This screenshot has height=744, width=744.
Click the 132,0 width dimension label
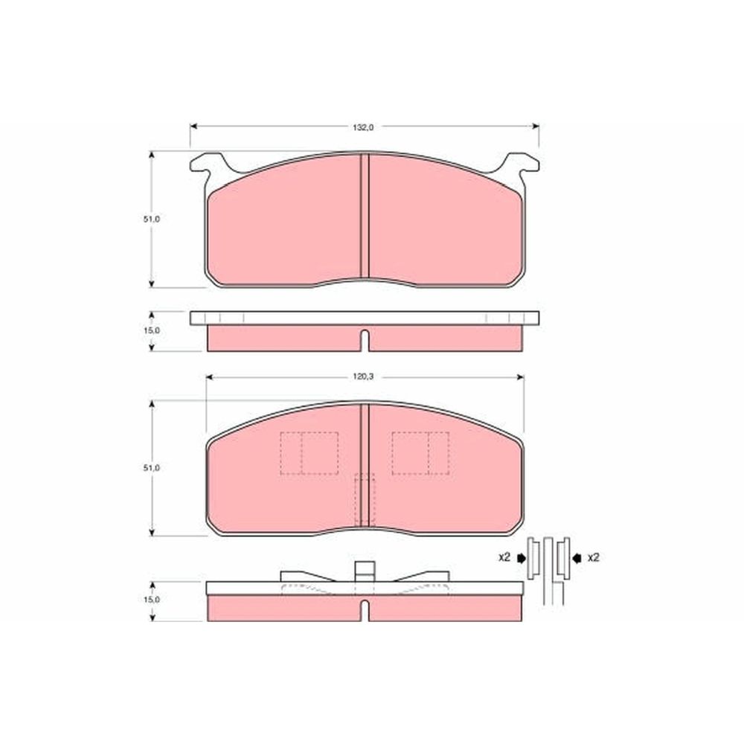coord(363,127)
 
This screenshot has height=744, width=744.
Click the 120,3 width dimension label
coord(364,376)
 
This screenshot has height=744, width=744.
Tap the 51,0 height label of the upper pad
coord(152,219)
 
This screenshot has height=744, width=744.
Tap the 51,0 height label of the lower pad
coord(152,468)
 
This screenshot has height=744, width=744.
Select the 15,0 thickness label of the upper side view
coord(152,331)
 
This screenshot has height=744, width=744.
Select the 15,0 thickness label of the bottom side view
coord(152,600)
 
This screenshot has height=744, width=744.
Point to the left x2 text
coord(504,557)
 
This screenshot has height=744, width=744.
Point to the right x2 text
coord(593,557)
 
